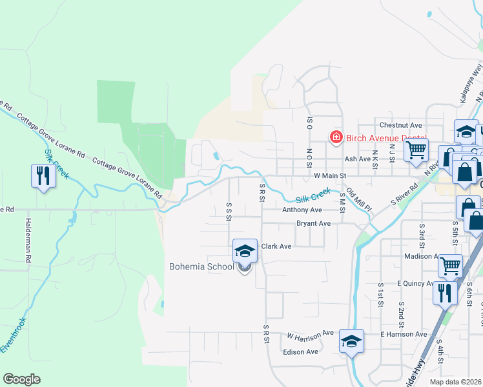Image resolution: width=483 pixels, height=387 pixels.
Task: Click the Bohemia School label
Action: point(201,266)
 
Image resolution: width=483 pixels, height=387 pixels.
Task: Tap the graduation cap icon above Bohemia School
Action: point(245,251)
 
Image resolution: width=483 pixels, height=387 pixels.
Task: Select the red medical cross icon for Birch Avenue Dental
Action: point(336,137)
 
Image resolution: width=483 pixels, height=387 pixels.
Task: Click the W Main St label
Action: point(330,175)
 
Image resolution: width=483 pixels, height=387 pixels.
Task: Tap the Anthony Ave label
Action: point(302,210)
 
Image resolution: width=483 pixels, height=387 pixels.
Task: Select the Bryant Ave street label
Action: point(313,224)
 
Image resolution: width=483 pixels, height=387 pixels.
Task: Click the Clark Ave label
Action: point(276,246)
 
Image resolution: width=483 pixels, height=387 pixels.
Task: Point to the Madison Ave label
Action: point(418,256)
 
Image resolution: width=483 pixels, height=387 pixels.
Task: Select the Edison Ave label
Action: point(301,352)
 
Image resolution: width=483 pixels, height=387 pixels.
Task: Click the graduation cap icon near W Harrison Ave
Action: point(351,341)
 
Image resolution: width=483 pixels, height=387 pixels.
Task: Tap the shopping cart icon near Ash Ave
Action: point(416,150)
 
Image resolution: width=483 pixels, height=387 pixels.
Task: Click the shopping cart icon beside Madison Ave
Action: point(450,265)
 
